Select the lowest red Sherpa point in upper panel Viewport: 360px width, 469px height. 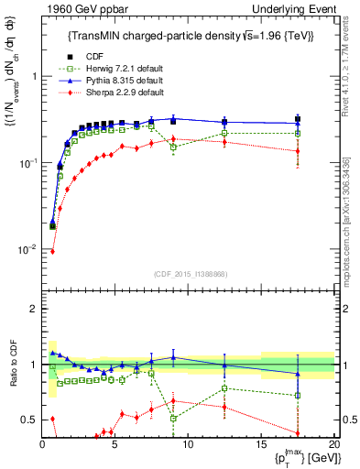coord(52,251)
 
